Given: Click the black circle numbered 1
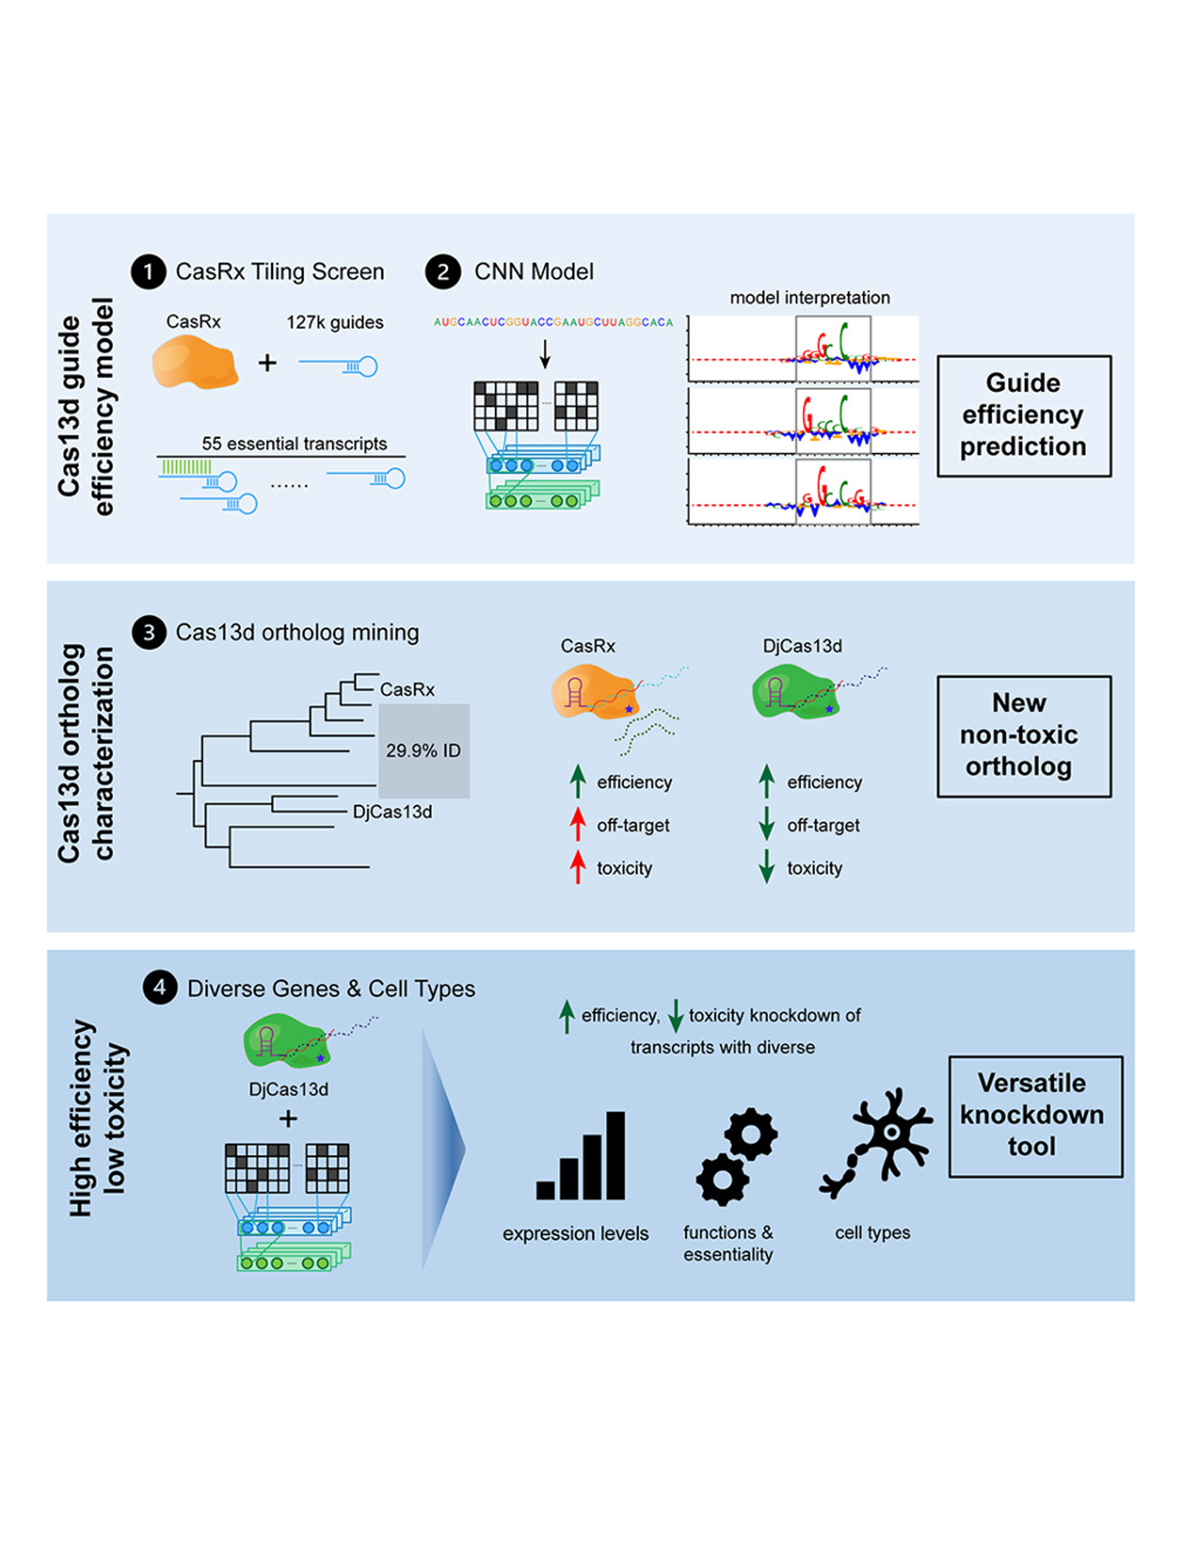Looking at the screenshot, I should click(x=148, y=272).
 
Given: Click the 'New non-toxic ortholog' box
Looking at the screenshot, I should click(x=1024, y=736).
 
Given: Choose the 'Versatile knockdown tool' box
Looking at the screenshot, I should click(x=1035, y=1116).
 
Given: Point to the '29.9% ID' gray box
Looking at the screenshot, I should click(x=424, y=751).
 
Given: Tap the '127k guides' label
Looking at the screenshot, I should click(x=335, y=323).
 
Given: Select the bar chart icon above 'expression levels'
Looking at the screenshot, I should click(x=581, y=1158).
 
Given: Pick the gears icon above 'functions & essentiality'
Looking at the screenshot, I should click(x=736, y=1158).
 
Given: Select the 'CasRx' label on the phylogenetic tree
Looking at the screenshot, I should click(x=407, y=690).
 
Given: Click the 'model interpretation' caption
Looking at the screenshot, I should click(x=810, y=298).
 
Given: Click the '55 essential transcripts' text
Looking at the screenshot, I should click(x=294, y=444).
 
